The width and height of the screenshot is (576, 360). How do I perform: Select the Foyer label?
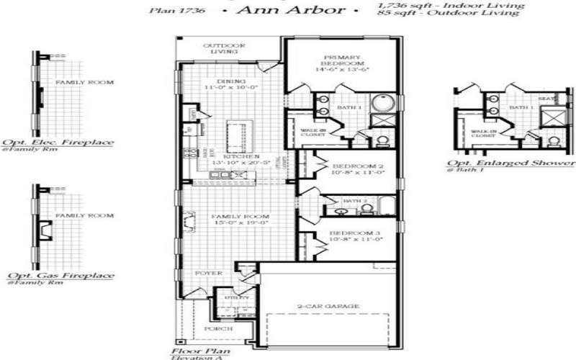[209, 274]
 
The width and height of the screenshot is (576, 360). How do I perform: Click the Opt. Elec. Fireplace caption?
[58, 143]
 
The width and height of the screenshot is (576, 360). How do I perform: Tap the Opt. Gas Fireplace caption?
[60, 276]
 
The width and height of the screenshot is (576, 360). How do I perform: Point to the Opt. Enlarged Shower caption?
[511, 163]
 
